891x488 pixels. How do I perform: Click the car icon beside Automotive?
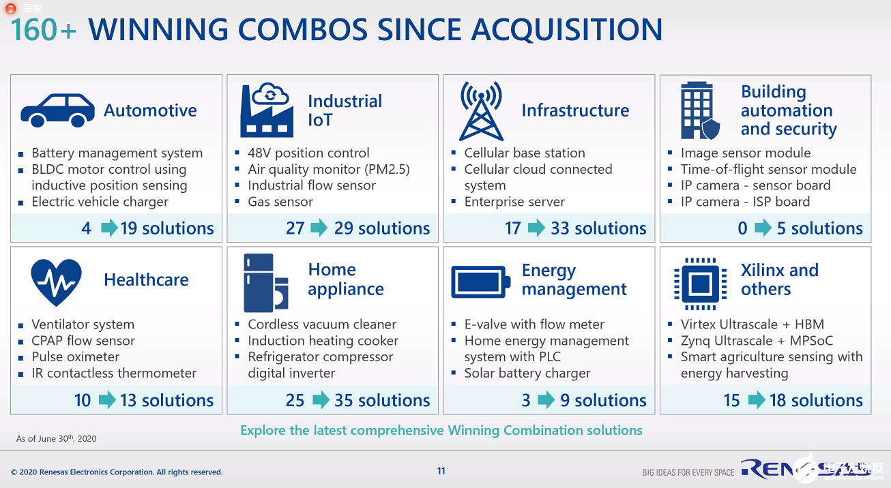click(58, 110)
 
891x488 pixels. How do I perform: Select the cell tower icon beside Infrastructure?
click(481, 111)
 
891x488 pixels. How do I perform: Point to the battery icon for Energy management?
click(480, 282)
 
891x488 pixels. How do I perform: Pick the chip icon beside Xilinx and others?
click(701, 284)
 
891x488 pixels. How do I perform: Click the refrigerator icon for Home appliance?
click(265, 283)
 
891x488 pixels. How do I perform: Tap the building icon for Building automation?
click(700, 110)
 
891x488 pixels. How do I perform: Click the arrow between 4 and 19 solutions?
click(109, 228)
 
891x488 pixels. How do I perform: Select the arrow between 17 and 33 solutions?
click(537, 228)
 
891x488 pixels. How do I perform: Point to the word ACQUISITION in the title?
click(567, 30)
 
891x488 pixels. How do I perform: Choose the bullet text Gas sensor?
click(280, 202)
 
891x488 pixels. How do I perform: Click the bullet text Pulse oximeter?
click(76, 357)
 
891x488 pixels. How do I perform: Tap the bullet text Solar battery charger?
click(527, 373)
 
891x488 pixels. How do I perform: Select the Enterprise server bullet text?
click(514, 202)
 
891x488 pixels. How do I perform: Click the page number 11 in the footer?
click(441, 472)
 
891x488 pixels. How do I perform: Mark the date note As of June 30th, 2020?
click(56, 438)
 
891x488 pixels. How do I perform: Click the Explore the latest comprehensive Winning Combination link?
click(441, 430)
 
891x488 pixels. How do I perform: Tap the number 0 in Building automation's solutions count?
click(743, 228)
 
